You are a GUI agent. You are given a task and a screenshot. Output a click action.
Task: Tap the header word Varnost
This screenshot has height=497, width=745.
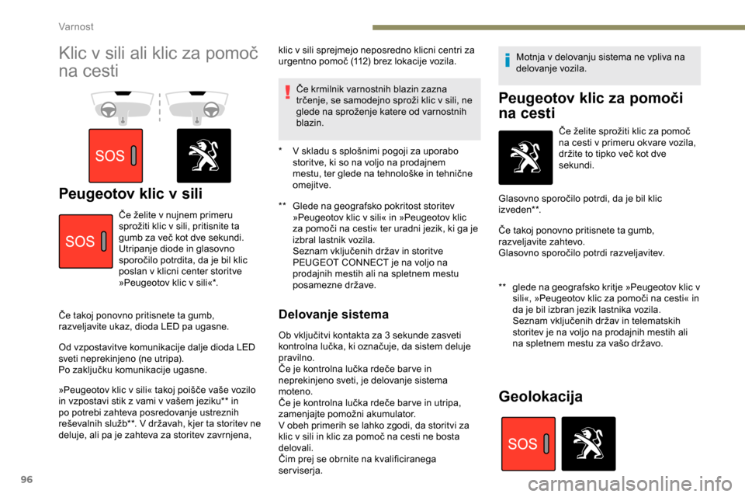pos(76,26)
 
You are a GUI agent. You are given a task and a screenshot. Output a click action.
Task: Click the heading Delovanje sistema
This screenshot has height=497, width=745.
pos(333,315)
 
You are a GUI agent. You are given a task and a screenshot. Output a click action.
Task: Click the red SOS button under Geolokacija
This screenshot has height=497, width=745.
pos(528,444)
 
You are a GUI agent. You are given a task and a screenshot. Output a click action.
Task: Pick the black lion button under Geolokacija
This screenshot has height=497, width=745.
pos(588,444)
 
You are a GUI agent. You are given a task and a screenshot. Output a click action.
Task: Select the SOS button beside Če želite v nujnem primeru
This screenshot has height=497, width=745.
pos(85,242)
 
